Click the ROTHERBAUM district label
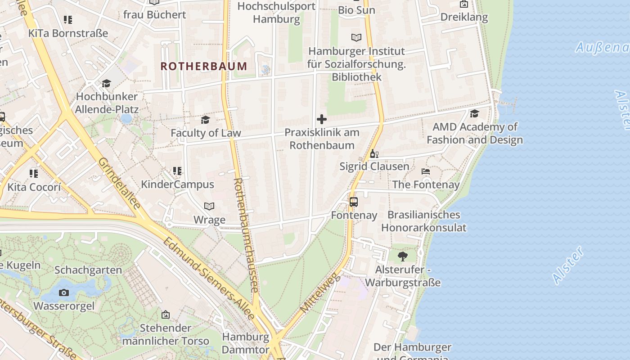(x=204, y=66)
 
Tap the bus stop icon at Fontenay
(x=354, y=202)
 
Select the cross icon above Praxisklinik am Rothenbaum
(x=322, y=119)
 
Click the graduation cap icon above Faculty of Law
(x=206, y=120)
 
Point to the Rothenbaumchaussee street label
(x=245, y=234)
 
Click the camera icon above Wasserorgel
(x=64, y=293)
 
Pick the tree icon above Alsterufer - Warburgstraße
(x=403, y=256)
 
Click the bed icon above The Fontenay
(x=426, y=171)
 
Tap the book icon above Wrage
(x=209, y=206)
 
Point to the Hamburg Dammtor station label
(x=246, y=343)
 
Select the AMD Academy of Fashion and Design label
(x=475, y=133)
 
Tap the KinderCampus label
(x=177, y=184)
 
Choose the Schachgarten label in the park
(x=88, y=270)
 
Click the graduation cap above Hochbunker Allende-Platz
(x=107, y=83)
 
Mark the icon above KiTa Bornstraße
(x=68, y=20)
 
